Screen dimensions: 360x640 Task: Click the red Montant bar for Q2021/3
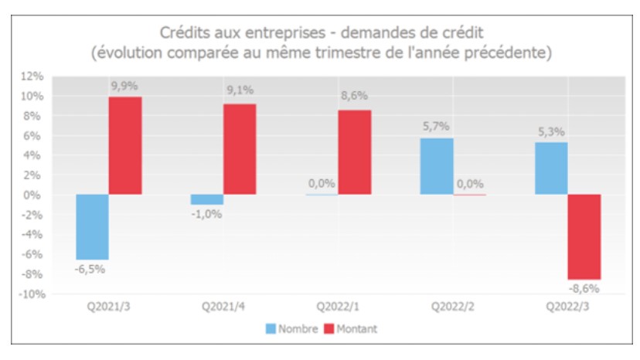124,145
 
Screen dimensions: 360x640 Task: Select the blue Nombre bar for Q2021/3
91,226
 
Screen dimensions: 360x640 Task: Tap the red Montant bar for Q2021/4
240,149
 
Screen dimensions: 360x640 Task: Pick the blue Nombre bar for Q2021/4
206,199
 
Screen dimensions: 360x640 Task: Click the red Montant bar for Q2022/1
354,152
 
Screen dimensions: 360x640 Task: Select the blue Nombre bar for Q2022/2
437,166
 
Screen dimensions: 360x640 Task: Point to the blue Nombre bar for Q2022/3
551,168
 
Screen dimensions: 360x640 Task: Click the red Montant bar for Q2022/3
584,236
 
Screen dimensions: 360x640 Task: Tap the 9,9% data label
124,87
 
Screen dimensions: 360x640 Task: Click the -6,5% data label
90,269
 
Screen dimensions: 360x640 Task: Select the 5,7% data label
436,127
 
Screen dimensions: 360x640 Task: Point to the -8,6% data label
584,288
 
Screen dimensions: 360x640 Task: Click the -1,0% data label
206,214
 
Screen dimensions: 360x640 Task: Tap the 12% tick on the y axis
33,76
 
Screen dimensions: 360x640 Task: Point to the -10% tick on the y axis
31,294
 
